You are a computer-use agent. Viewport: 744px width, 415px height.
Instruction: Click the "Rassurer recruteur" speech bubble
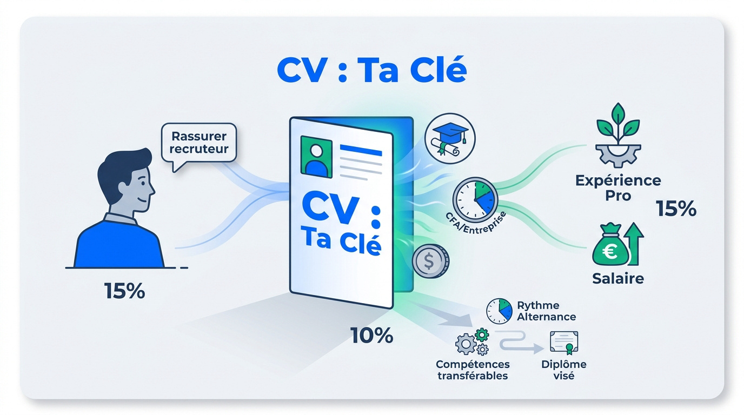(198, 143)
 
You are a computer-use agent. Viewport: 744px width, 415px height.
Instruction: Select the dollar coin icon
(430, 261)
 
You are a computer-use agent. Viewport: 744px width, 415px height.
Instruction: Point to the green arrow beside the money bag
(634, 244)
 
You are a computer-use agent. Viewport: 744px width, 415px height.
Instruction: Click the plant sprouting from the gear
(618, 124)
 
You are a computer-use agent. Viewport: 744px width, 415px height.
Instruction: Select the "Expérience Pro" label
(618, 188)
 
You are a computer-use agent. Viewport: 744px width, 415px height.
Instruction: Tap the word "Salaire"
(618, 278)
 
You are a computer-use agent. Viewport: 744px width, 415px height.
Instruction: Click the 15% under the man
(124, 291)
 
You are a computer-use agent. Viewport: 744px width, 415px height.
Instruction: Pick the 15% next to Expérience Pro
(676, 209)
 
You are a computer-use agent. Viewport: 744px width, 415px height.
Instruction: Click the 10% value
(371, 335)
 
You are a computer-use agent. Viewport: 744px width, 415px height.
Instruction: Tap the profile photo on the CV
(316, 157)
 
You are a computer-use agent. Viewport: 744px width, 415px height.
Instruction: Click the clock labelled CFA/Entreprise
(475, 200)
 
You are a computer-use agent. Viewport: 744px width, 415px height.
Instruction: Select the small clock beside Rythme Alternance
(499, 311)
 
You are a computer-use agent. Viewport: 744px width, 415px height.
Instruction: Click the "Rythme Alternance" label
(546, 311)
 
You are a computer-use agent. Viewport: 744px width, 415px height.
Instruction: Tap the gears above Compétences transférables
(472, 342)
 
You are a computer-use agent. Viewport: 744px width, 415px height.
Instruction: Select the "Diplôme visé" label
(563, 370)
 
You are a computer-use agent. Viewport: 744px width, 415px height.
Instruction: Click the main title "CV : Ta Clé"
(372, 70)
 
